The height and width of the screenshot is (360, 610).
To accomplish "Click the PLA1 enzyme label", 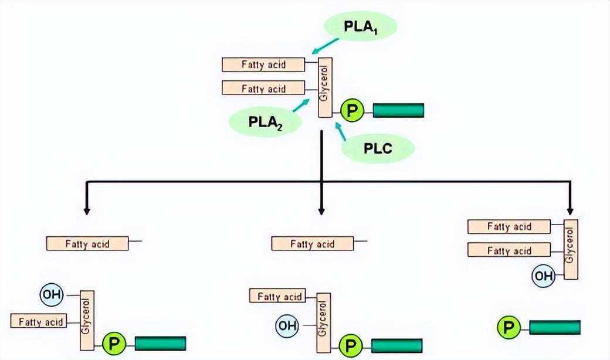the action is click(x=360, y=26).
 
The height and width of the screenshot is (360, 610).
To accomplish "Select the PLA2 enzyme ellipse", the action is click(x=266, y=122).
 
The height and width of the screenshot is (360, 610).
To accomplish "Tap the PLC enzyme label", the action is click(x=378, y=148).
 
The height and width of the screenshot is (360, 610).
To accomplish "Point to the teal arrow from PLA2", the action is click(x=301, y=106).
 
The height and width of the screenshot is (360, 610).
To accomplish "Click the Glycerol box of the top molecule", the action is click(x=325, y=87).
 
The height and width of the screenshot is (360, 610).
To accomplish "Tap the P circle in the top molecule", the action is click(x=352, y=111).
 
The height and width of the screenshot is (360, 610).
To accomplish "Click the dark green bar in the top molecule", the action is click(x=398, y=110).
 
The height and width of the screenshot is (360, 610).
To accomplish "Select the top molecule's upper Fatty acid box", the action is click(x=263, y=64).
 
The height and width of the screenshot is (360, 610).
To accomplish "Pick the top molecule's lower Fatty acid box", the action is click(x=263, y=88).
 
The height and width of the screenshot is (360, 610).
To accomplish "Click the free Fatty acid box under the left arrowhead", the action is click(x=87, y=244).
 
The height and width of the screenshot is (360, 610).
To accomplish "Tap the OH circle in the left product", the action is click(x=52, y=294).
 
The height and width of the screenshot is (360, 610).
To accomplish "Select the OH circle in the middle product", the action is click(x=287, y=325).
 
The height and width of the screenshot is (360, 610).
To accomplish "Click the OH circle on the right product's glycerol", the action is click(x=544, y=276).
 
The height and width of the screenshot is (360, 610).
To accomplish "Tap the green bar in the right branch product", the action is click(x=555, y=327).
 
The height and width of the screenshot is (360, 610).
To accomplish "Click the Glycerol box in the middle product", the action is click(x=324, y=322).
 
